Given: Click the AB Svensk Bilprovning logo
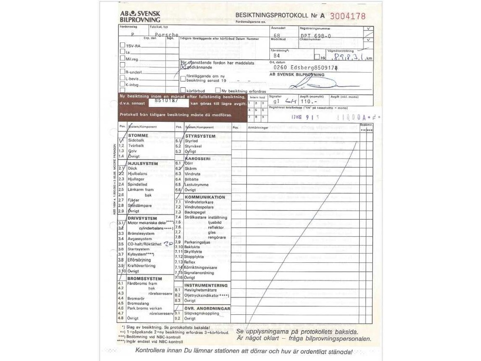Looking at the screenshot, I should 140,16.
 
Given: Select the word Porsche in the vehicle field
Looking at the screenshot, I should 167,35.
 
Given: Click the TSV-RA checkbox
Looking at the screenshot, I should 122,45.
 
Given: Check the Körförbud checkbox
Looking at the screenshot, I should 183,90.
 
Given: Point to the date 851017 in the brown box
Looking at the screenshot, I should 165,102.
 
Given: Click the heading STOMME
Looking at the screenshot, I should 138,135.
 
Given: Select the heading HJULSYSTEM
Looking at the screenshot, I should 143,163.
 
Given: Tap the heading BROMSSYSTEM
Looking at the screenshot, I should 144,278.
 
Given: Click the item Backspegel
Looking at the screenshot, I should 195,212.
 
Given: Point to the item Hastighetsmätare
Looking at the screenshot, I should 203,290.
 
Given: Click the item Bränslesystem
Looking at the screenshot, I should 140,233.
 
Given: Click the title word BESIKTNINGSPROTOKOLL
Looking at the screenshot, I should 272,16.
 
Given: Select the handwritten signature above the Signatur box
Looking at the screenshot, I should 308,84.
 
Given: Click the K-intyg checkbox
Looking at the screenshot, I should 122,84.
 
